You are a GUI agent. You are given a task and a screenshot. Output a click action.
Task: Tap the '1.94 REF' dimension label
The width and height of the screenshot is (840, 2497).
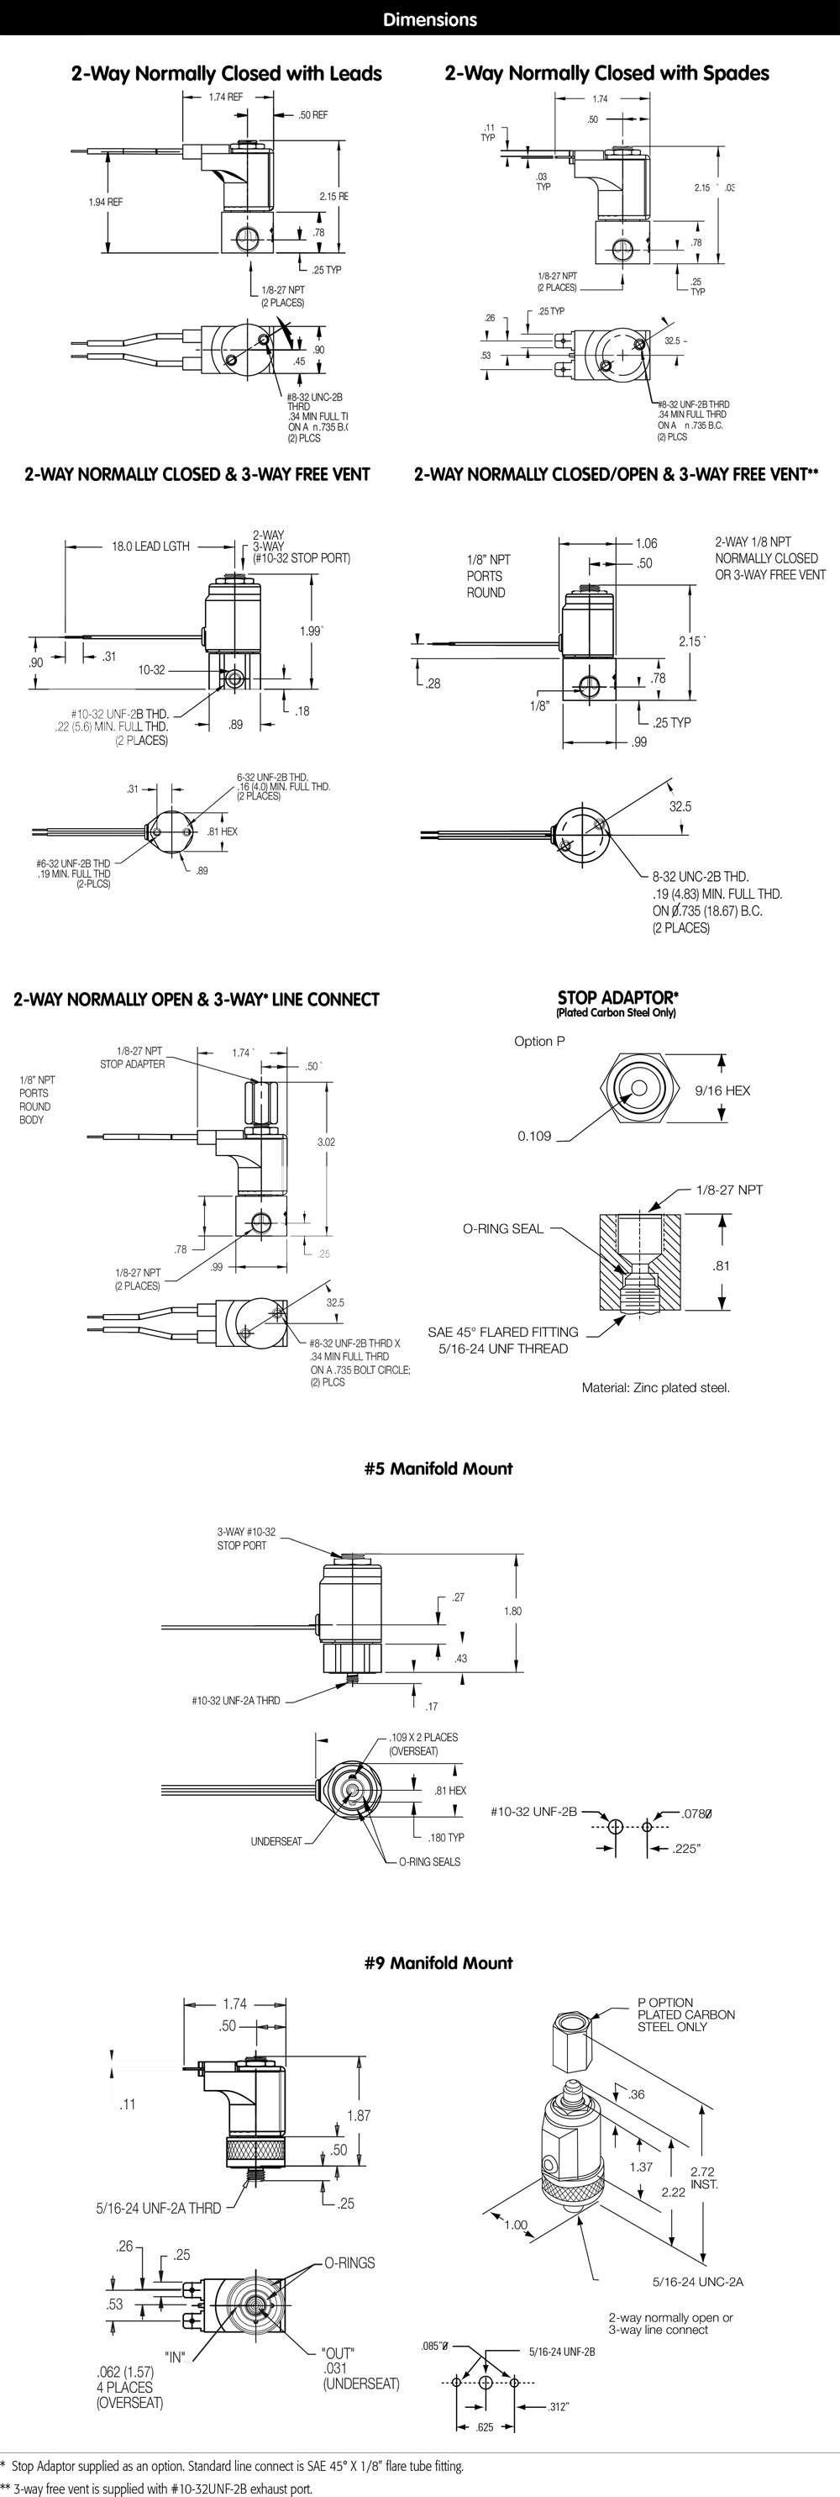[106, 202]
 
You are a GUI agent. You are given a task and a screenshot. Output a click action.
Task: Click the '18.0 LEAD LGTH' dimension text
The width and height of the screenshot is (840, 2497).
[150, 546]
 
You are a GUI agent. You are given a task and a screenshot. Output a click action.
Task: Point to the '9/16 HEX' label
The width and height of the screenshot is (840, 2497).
[722, 1090]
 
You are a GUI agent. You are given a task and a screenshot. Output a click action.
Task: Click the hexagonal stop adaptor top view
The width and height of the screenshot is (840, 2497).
[636, 1089]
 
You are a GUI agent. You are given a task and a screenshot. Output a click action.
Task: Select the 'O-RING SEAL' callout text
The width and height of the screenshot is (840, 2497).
[503, 1228]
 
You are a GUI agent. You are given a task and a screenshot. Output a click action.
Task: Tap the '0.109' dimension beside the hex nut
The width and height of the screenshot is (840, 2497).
[534, 1135]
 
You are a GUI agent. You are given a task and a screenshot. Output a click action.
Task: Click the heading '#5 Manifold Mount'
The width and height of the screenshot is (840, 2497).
[438, 1468]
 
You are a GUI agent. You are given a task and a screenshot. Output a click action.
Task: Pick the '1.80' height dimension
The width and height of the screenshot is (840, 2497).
[512, 1610]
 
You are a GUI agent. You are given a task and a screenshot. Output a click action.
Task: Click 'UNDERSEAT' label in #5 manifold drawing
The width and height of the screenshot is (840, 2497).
[276, 1840]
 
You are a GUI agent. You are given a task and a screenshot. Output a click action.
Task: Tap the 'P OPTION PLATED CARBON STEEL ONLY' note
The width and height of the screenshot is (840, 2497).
[685, 2014]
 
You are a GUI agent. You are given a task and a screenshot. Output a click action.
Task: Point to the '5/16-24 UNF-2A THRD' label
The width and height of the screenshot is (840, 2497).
[158, 2207]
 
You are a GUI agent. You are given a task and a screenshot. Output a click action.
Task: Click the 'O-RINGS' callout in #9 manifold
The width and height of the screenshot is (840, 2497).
[349, 2262]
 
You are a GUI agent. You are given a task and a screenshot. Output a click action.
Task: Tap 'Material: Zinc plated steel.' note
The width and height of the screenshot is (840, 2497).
[655, 1387]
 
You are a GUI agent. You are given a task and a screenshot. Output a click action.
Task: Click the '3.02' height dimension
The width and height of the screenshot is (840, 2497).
[326, 1142]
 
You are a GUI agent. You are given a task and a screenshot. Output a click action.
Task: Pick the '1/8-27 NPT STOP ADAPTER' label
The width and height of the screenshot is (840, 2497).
[133, 1057]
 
